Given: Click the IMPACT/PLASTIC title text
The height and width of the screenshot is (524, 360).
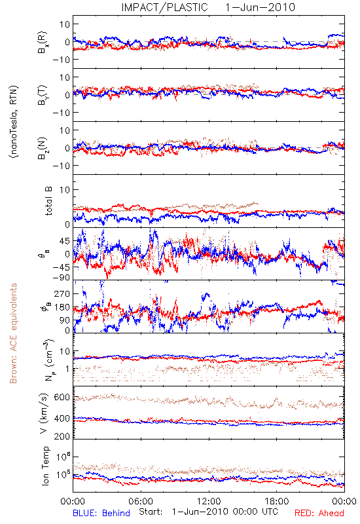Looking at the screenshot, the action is (x=165, y=7).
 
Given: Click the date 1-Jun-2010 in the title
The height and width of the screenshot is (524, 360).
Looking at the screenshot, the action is (x=260, y=7).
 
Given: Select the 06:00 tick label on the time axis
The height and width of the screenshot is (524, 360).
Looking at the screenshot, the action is (x=141, y=501).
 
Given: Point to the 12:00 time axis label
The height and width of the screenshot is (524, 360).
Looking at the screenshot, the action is (x=209, y=501).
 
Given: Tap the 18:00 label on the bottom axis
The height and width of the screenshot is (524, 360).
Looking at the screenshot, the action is (x=277, y=501).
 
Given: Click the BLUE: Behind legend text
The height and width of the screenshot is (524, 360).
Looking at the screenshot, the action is (x=101, y=514).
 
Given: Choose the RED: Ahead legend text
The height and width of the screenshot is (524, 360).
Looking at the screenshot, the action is (x=319, y=514).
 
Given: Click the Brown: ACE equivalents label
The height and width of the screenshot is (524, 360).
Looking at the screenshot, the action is (x=13, y=333).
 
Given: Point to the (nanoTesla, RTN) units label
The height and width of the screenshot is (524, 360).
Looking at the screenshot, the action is (x=14, y=122).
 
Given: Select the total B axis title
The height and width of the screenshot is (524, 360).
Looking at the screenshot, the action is (x=48, y=200).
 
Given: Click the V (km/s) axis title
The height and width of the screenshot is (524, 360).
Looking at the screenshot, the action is (x=44, y=413).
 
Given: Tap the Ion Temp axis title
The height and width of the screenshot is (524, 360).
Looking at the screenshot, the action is (x=45, y=466).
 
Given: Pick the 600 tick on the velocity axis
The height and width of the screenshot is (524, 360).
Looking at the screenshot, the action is (x=62, y=398).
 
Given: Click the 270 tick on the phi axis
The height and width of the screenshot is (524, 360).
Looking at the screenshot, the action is (x=62, y=294).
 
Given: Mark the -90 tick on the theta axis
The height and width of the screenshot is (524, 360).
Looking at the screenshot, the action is (x=61, y=278).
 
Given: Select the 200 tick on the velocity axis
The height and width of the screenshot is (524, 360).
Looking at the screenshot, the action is (x=62, y=436).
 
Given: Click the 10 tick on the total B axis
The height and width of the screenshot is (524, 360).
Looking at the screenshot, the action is (x=65, y=190).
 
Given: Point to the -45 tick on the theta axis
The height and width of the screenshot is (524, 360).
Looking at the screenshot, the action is (x=61, y=267).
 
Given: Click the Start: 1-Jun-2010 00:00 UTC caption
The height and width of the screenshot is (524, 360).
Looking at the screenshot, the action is (x=208, y=512).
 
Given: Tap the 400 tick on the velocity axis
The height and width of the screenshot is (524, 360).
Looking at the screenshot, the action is (x=62, y=419).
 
